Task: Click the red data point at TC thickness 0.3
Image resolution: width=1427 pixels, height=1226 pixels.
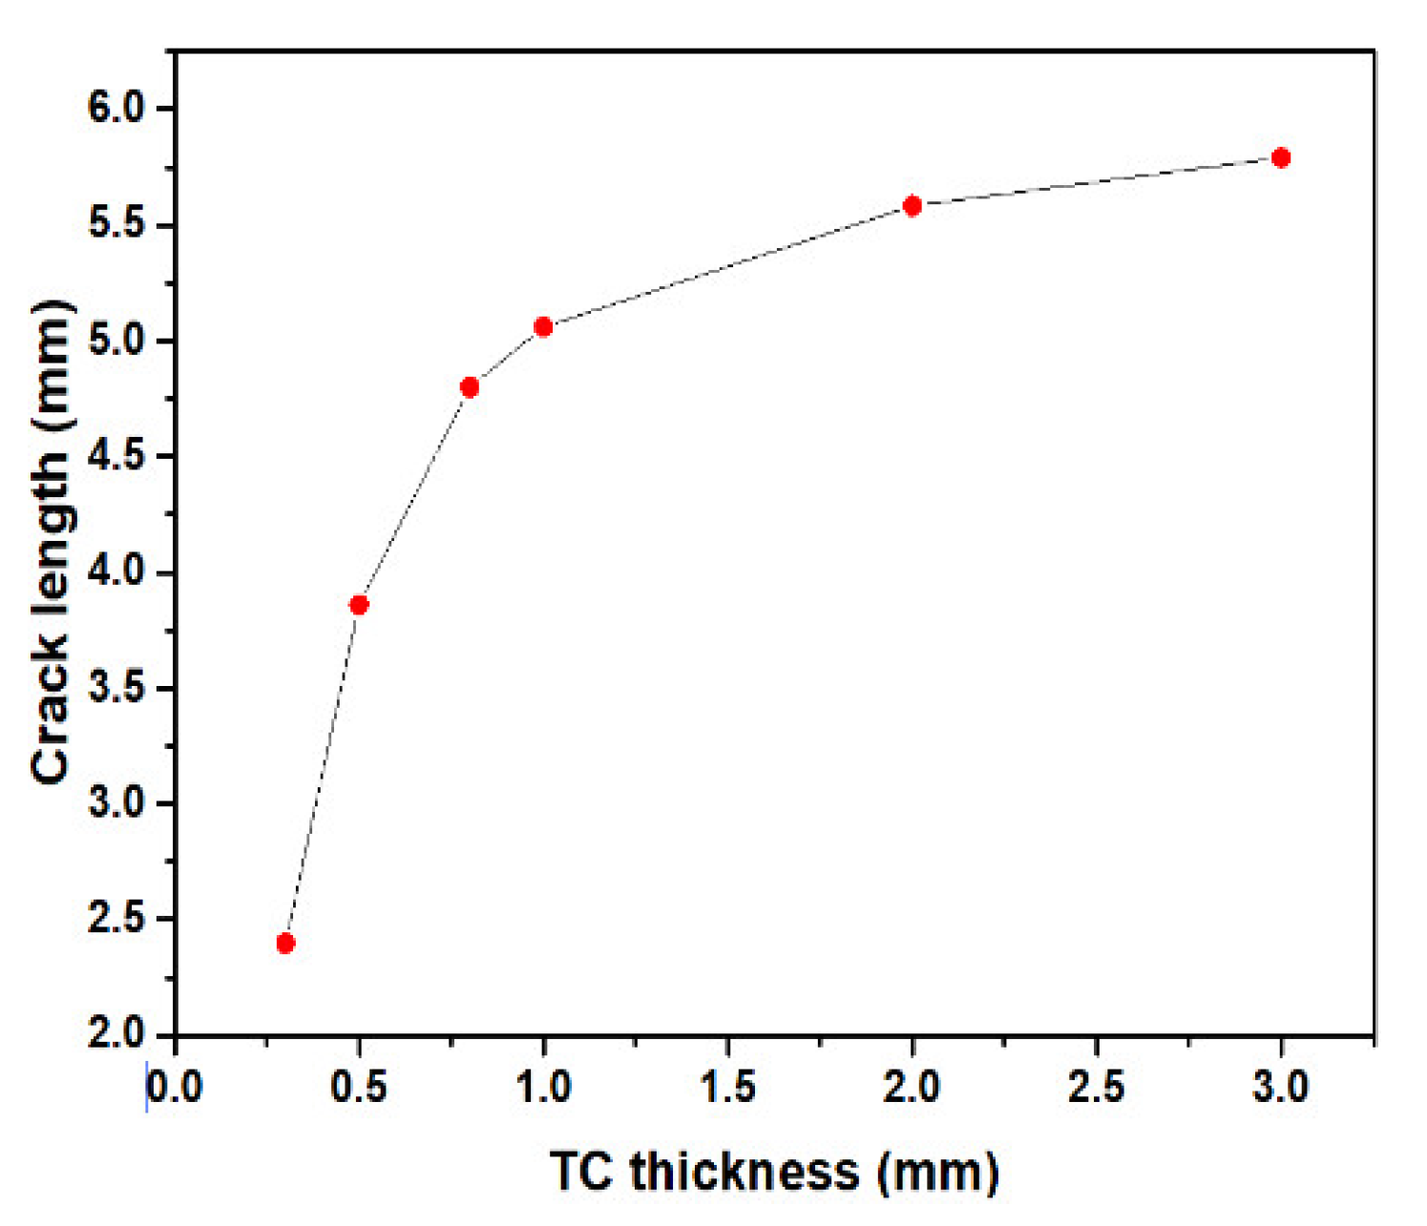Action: pyautogui.click(x=285, y=944)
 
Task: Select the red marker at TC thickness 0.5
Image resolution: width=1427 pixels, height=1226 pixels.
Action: pyautogui.click(x=359, y=605)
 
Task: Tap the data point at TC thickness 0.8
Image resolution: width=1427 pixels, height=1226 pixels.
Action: pyautogui.click(x=470, y=387)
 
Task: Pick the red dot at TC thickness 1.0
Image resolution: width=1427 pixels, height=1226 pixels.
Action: pyautogui.click(x=543, y=327)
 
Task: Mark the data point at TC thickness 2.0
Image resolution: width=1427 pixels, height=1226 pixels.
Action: pyautogui.click(x=913, y=206)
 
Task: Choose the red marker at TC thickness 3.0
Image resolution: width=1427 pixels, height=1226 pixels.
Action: pyautogui.click(x=1281, y=157)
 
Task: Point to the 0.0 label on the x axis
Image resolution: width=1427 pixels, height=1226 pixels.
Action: pyautogui.click(x=175, y=1088)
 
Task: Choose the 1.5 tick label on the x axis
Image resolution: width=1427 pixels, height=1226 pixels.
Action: pyautogui.click(x=727, y=1088)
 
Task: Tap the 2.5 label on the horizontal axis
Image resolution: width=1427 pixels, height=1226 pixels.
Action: pyautogui.click(x=1096, y=1088)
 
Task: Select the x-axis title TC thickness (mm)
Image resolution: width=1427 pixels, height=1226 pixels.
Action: pyautogui.click(x=774, y=1172)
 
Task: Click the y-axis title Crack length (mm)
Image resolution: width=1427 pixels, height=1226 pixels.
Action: pyautogui.click(x=52, y=542)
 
